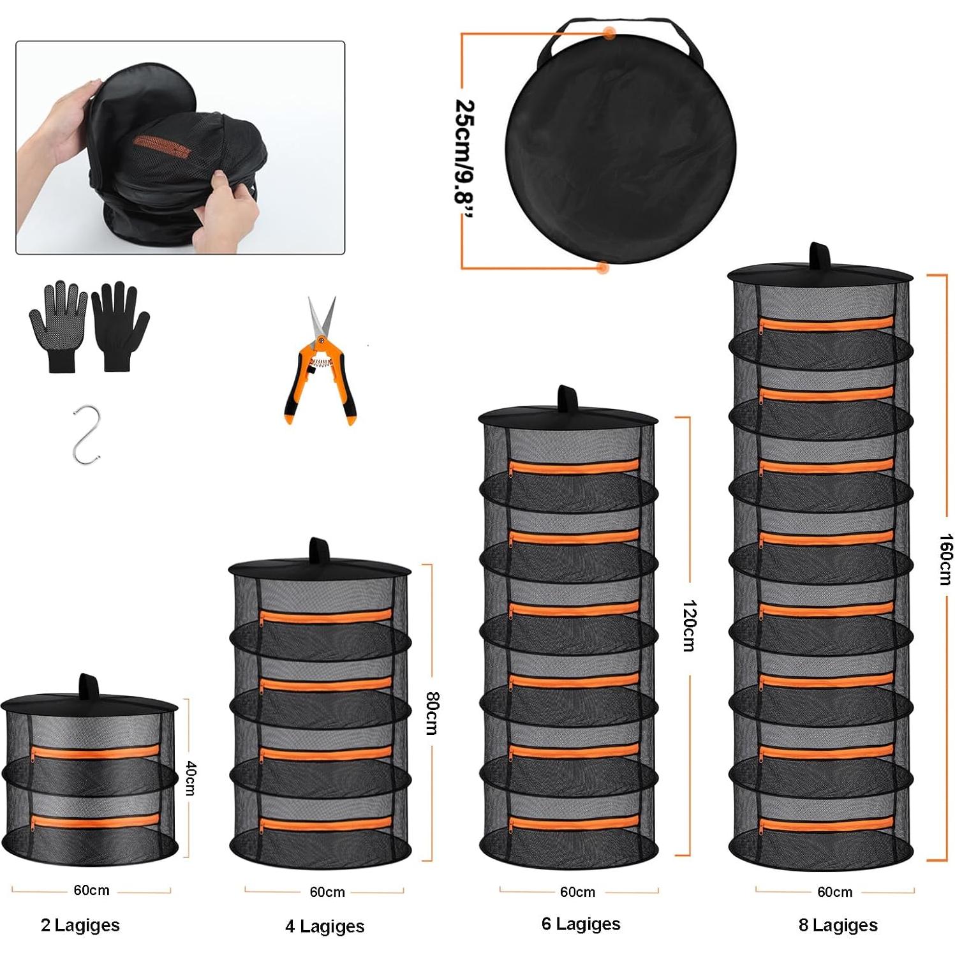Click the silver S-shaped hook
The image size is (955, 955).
86,434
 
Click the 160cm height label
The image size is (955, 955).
945,559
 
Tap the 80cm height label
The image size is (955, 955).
432,713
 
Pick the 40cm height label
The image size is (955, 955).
190,778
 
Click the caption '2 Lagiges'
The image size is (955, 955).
80,925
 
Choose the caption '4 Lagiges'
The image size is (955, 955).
325,926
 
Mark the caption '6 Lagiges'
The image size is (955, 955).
581,924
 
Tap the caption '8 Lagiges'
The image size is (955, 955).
838,925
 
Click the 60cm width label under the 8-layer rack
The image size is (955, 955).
834,892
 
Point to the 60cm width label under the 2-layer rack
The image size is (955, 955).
91,890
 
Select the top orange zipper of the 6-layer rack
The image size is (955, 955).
574,466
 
